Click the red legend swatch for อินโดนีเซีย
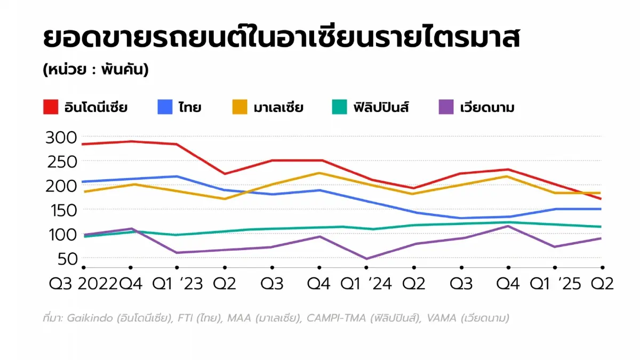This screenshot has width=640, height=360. pyautogui.click(x=51, y=107)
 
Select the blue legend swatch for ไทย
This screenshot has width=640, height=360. pyautogui.click(x=165, y=107)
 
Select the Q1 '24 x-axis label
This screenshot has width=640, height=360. pyautogui.click(x=366, y=283)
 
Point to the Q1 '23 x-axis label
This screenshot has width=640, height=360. pyautogui.click(x=177, y=283)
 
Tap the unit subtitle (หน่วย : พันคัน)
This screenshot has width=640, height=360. pyautogui.click(x=96, y=70)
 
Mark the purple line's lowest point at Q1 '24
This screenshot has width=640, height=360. pyautogui.click(x=366, y=259)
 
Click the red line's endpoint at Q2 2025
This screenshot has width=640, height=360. pyautogui.click(x=602, y=199)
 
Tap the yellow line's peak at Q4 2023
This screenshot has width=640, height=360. pyautogui.click(x=319, y=173)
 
